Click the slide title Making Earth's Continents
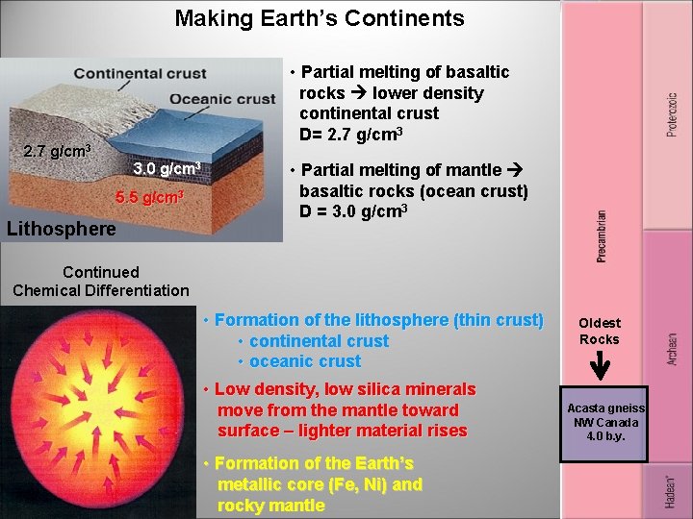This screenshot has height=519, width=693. coord(319,18)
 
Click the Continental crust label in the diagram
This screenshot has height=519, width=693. coord(140,74)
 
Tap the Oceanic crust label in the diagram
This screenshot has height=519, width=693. coord(222,98)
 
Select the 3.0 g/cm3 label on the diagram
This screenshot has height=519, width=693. coord(167,169)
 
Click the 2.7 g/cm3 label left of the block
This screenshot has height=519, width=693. coord(57,152)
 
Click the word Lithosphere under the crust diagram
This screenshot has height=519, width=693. coord(61,229)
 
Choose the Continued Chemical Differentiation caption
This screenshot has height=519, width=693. coord(101,282)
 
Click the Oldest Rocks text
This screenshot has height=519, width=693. coord(600,331)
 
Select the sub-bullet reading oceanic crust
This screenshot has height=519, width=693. coord(304,361)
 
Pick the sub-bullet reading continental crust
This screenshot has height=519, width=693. coord(319,341)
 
